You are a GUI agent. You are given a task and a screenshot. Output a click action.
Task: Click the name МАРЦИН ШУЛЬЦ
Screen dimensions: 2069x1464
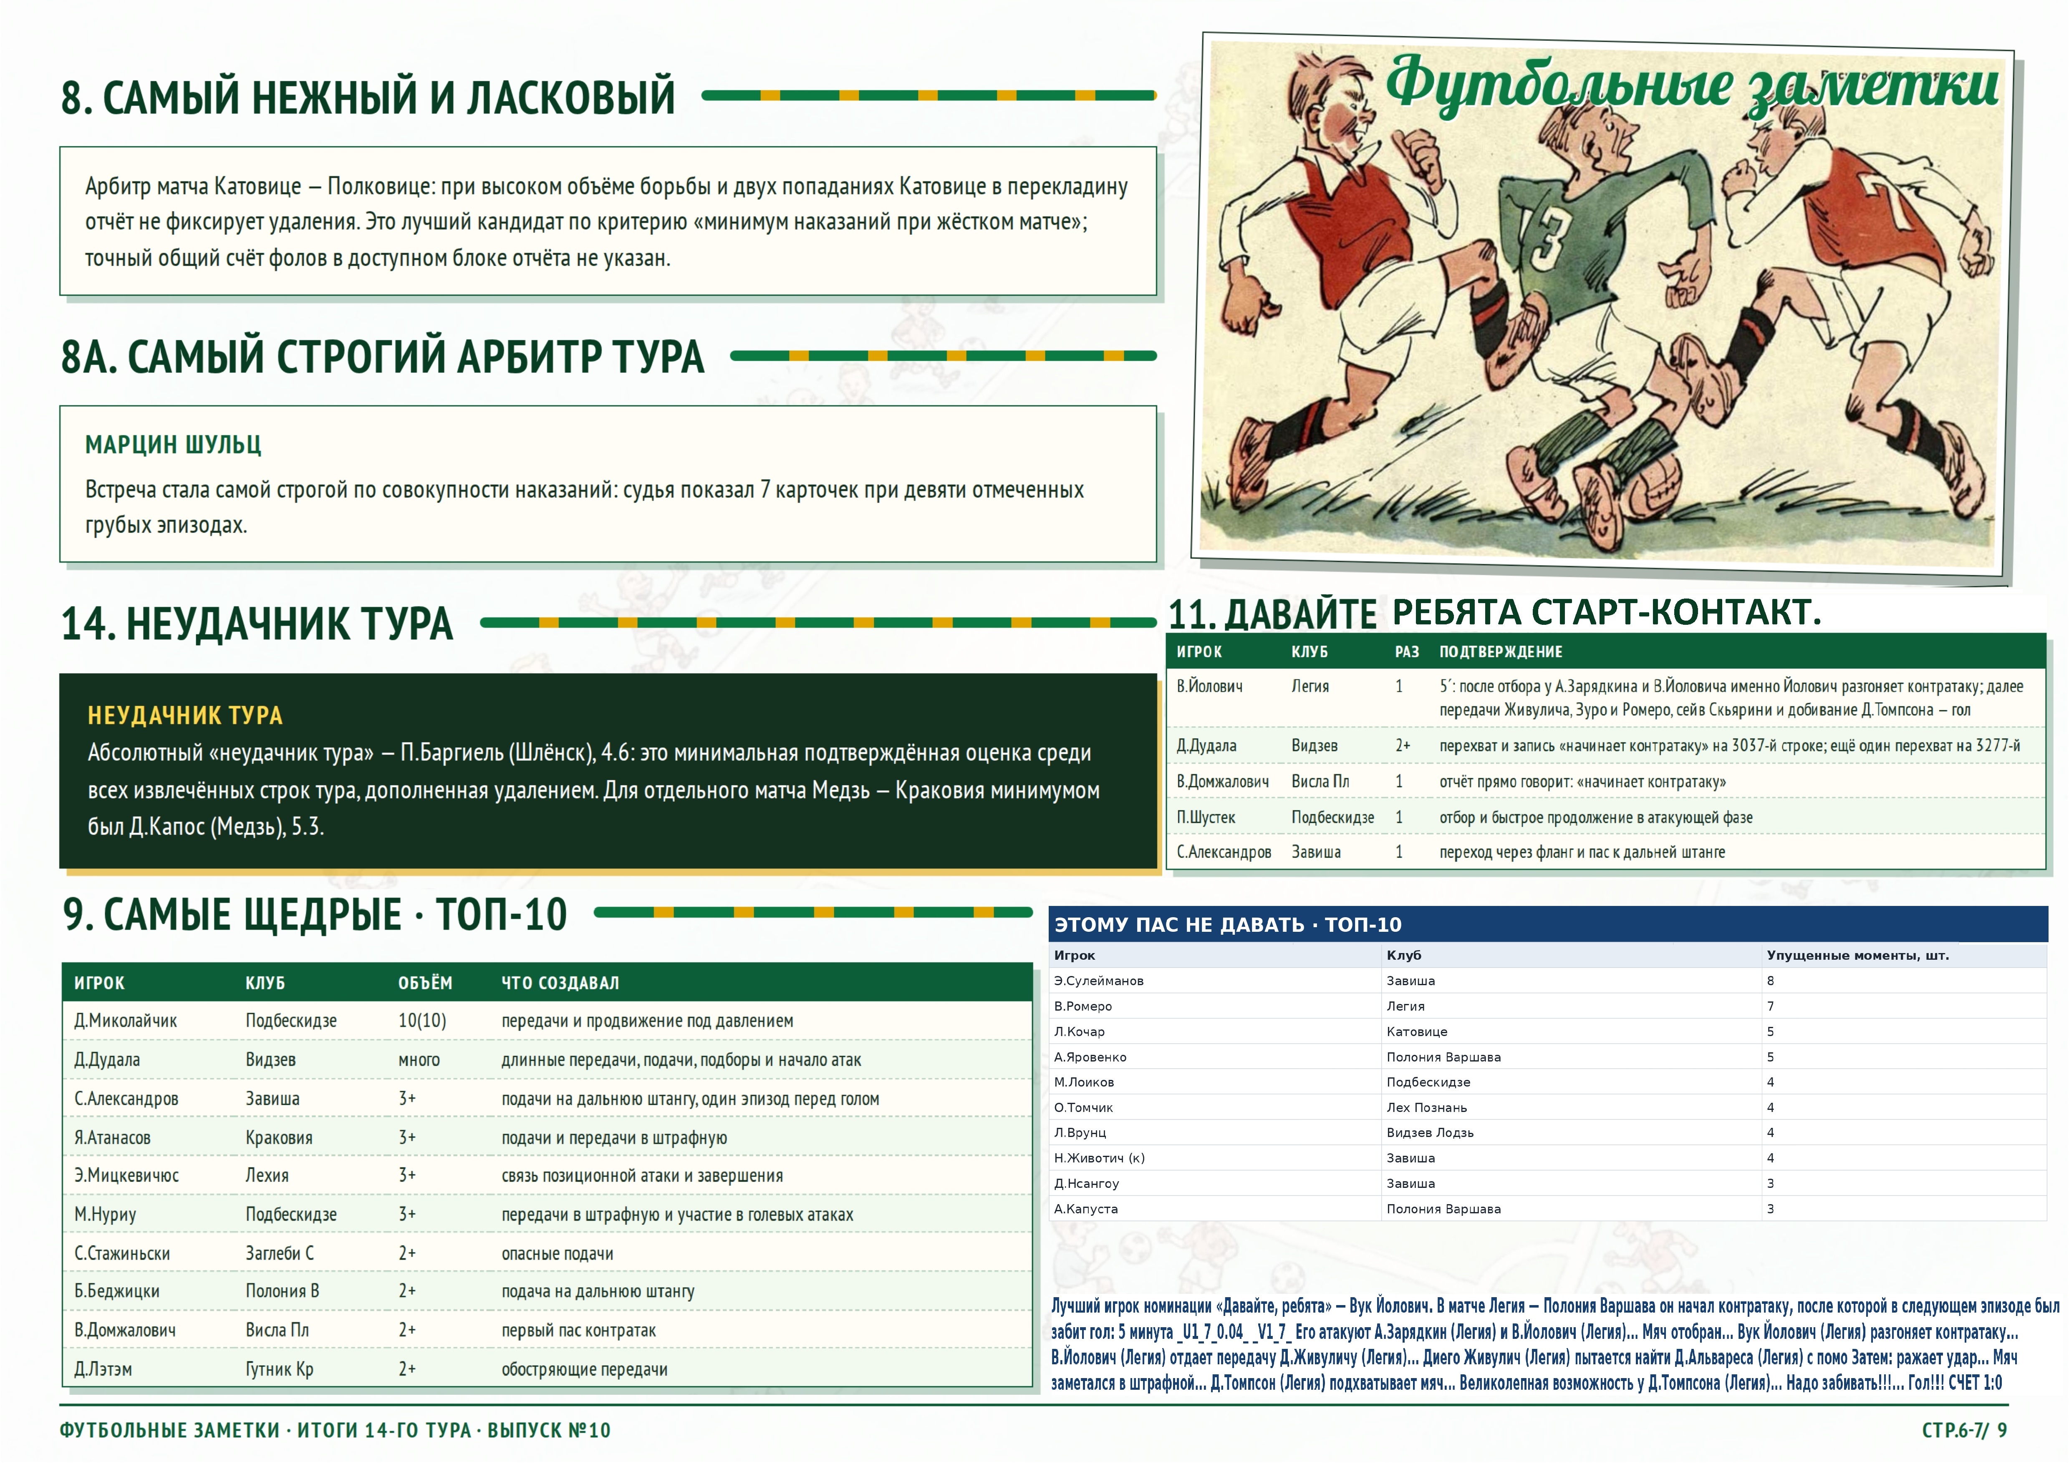click(x=173, y=445)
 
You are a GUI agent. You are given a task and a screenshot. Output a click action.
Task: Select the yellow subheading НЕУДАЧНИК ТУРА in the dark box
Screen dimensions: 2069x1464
click(x=185, y=716)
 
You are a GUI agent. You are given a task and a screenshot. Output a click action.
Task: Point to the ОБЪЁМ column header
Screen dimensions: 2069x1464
click(x=425, y=983)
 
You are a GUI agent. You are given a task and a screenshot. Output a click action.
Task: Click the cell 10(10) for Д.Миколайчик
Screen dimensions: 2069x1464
click(x=422, y=1021)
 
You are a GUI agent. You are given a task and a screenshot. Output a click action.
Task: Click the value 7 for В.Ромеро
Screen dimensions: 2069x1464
click(x=1771, y=1006)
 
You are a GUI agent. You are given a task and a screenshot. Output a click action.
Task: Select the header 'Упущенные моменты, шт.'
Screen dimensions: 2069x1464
click(x=1858, y=956)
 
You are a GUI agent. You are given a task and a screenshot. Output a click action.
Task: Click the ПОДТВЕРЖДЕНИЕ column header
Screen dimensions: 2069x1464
click(x=1501, y=652)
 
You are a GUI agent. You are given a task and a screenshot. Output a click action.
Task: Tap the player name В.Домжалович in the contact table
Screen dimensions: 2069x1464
click(x=1222, y=782)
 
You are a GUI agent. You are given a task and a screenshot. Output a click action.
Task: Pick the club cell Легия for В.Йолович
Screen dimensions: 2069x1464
click(x=1310, y=686)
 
